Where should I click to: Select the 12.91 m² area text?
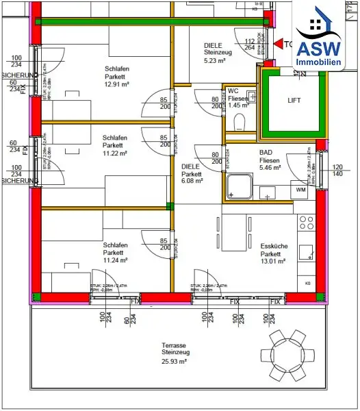tap(116, 85)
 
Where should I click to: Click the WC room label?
tap(233, 90)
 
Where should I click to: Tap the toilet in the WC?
tap(239, 122)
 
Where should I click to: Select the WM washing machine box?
tap(300, 189)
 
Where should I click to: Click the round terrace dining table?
tap(285, 355)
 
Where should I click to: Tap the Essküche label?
tap(273, 245)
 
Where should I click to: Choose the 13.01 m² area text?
tap(273, 260)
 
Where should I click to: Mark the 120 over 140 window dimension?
tap(337, 171)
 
